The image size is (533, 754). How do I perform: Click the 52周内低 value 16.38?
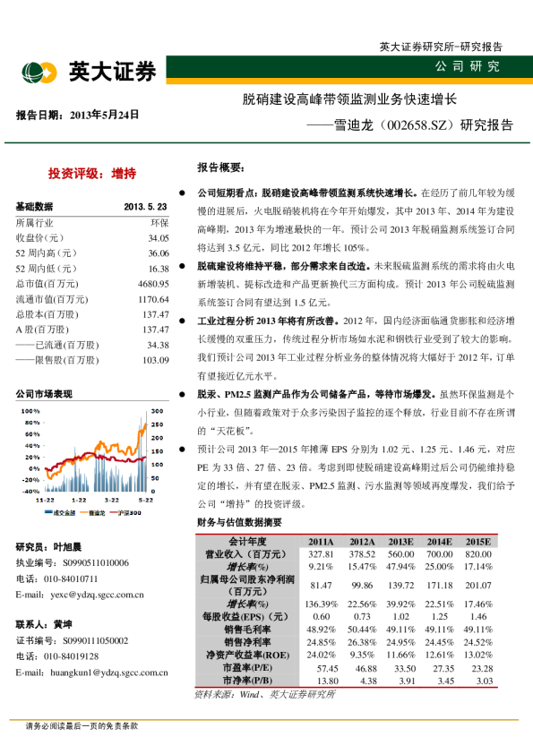[x=159, y=269]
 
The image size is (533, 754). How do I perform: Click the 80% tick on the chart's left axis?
[x=30, y=422]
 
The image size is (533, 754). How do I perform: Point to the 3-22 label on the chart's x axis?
[x=112, y=500]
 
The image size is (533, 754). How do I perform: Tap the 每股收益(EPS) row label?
[x=242, y=617]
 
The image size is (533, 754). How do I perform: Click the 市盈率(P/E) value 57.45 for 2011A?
[x=320, y=668]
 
